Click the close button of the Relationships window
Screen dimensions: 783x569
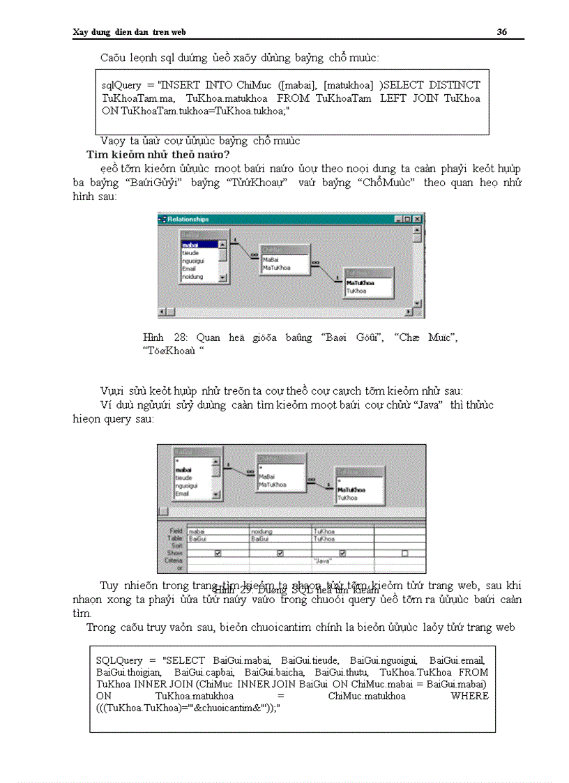point(417,219)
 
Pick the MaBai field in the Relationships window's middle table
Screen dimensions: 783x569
point(271,259)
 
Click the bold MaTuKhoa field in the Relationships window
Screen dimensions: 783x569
point(358,283)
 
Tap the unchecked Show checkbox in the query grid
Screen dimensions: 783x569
point(405,553)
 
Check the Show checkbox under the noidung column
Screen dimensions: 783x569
point(280,553)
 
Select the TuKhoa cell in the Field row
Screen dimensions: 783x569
point(323,531)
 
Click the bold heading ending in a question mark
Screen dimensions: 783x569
point(158,155)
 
